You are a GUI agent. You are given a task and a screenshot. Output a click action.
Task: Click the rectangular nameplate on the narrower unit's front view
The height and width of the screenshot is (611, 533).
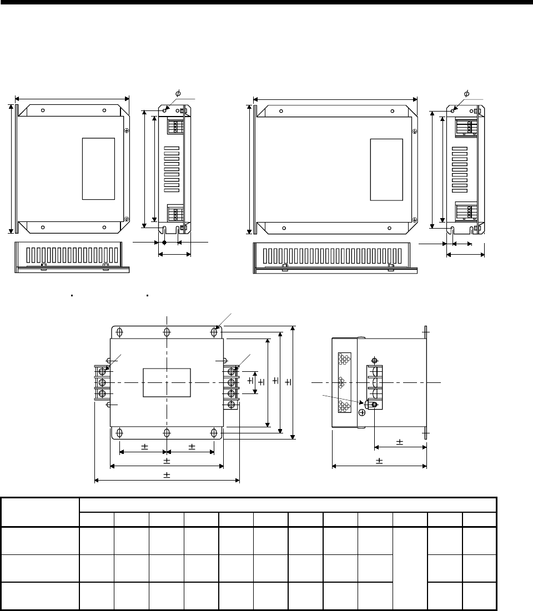coord(98,169)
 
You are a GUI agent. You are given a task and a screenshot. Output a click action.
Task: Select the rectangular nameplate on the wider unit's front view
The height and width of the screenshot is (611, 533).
coord(386,169)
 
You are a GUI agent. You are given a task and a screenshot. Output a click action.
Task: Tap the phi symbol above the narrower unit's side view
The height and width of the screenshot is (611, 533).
coord(178,93)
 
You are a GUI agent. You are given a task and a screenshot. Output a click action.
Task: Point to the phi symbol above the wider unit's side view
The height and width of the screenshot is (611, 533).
coord(466,94)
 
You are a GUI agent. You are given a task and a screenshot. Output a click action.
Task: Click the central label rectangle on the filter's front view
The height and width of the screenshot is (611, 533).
coord(167,383)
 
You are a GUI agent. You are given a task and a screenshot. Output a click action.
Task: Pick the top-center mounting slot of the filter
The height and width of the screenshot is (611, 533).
coord(167,332)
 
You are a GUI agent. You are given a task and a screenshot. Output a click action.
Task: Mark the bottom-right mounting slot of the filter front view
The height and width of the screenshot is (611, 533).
coord(214,432)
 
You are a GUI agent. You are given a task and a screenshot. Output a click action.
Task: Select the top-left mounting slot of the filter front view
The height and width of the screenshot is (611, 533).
coord(120,332)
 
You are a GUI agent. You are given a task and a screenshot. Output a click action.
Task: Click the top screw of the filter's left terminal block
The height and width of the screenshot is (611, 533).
coord(102,371)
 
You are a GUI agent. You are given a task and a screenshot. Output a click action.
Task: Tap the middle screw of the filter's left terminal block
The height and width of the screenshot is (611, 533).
coord(102,382)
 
